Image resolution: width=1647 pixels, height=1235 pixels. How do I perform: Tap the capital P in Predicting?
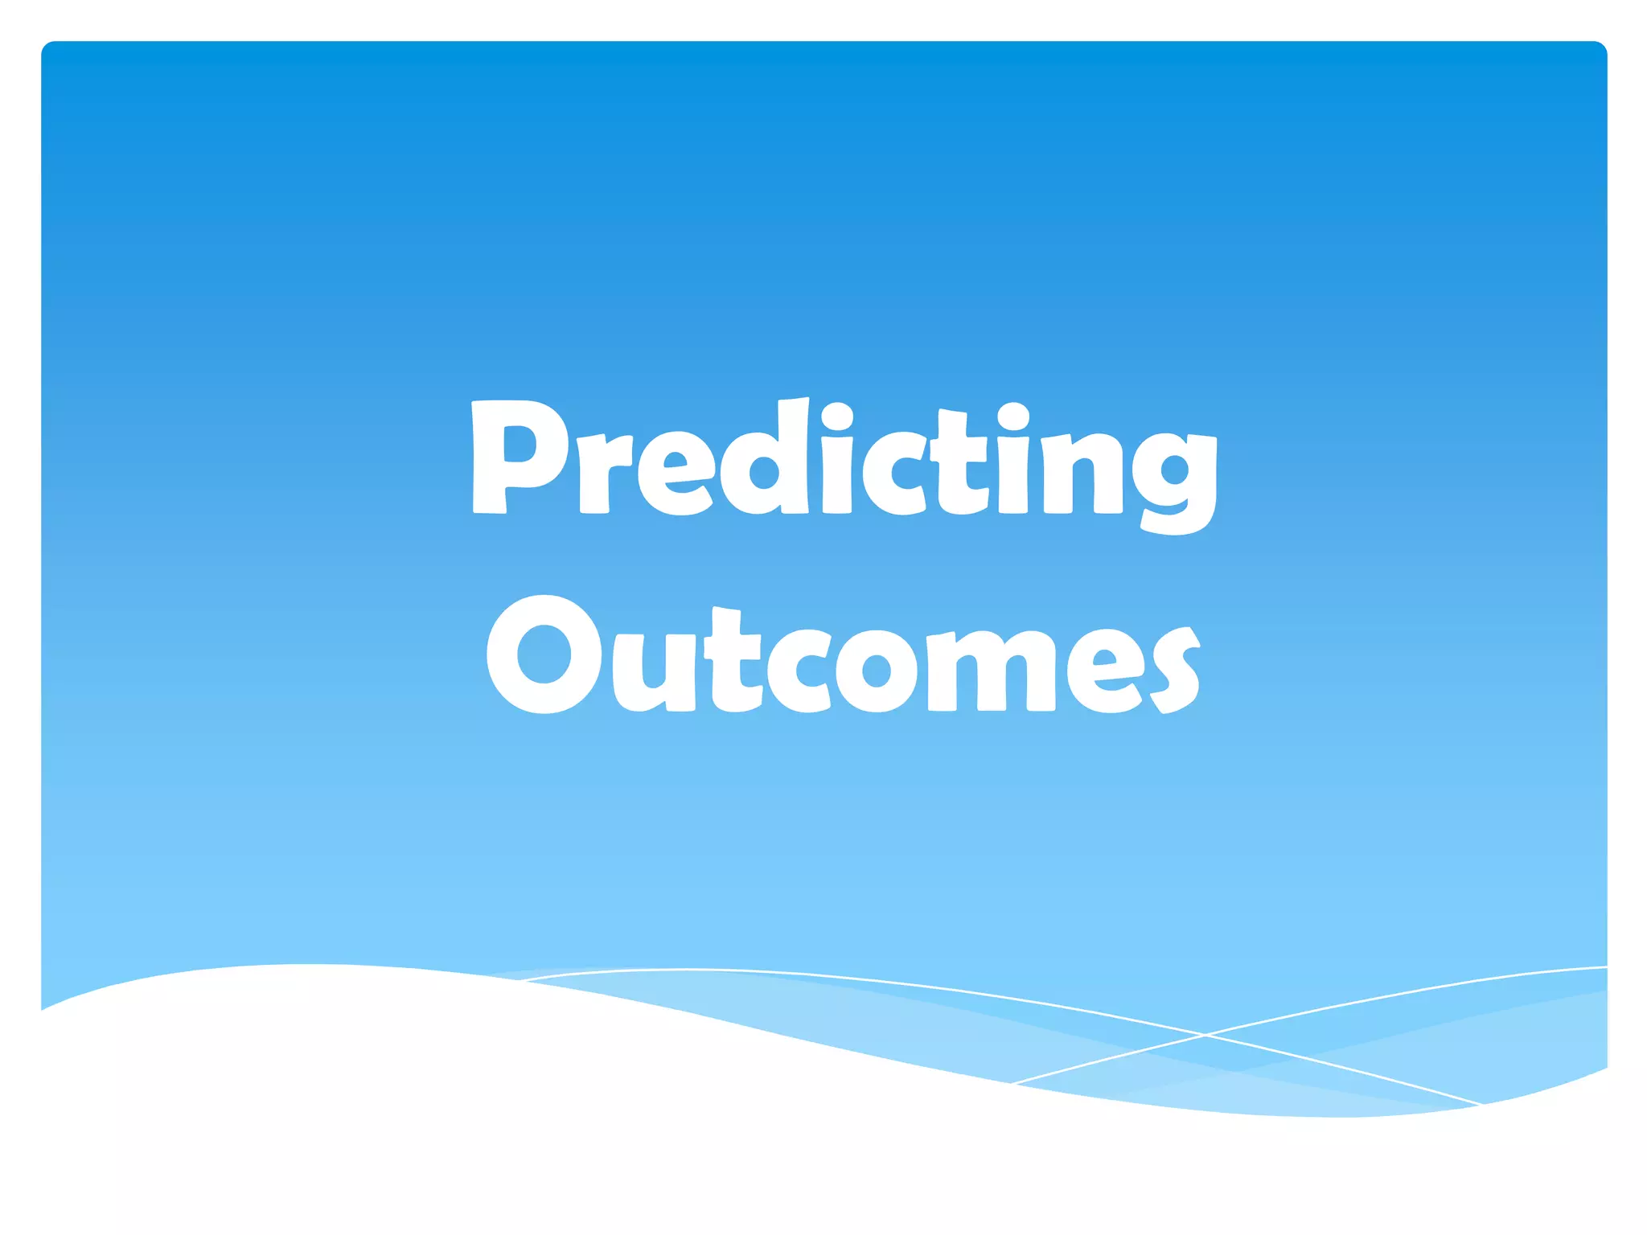click(515, 458)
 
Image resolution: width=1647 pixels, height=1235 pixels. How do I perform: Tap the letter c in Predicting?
click(893, 474)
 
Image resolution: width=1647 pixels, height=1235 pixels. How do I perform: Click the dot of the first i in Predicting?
click(837, 417)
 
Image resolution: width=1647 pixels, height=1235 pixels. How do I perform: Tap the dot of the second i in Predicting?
click(1013, 417)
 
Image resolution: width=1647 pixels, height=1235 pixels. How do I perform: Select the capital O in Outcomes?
click(544, 654)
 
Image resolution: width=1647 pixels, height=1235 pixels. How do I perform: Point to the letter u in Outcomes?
click(654, 671)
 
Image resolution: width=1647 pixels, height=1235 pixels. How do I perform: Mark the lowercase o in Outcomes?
click(876, 671)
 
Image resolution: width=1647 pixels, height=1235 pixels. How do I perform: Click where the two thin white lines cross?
click(1205, 1035)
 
